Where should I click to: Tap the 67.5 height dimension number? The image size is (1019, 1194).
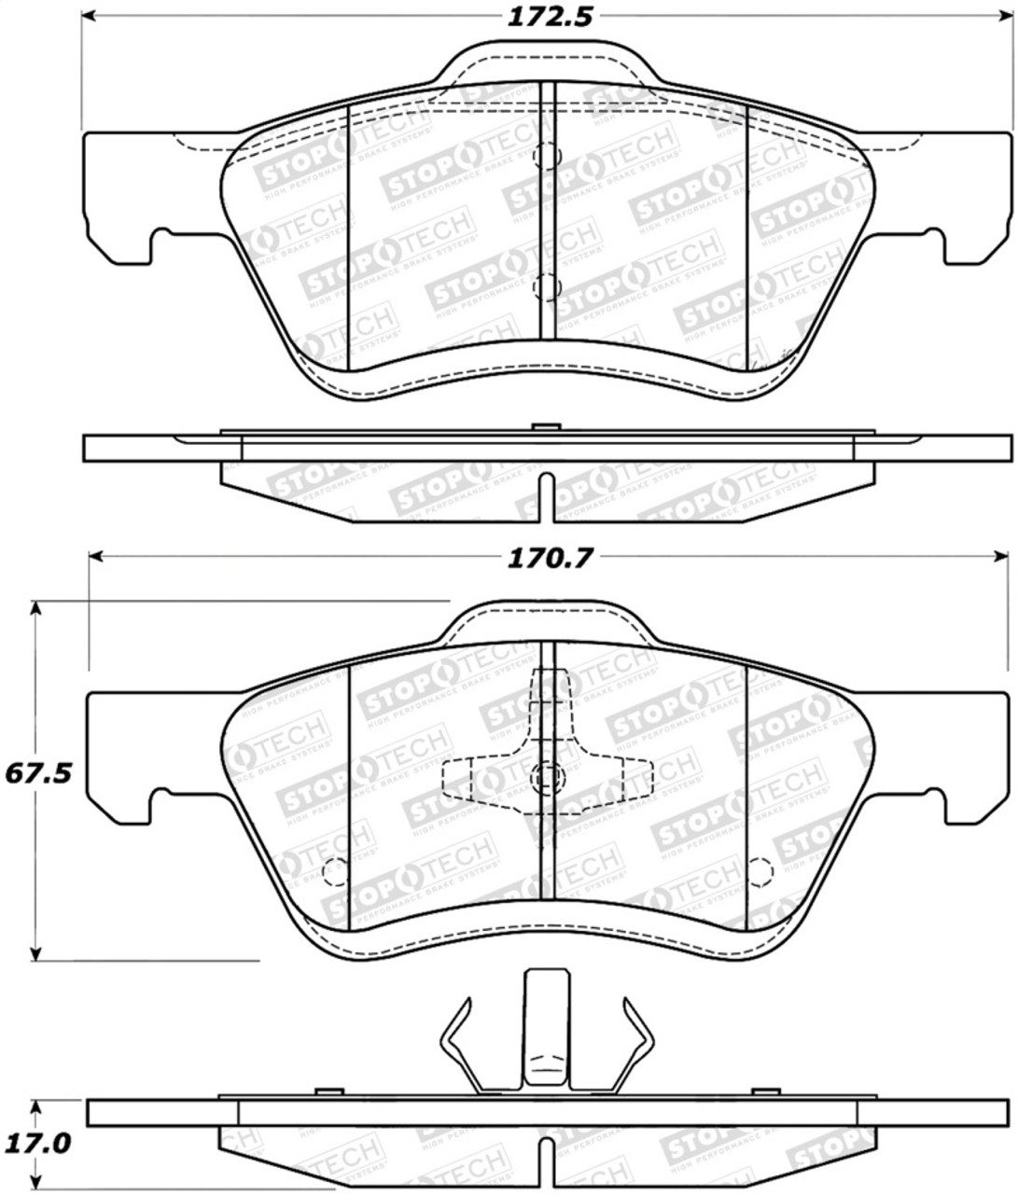[37, 774]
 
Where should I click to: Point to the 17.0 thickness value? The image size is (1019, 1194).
[37, 1143]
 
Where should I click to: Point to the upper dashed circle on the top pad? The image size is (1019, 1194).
[546, 156]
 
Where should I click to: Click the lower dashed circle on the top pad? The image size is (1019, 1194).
[546, 285]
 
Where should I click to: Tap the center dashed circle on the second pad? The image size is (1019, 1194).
[546, 775]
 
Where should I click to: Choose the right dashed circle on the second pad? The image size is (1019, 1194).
[761, 871]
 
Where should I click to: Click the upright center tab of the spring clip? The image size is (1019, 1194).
[546, 1026]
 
